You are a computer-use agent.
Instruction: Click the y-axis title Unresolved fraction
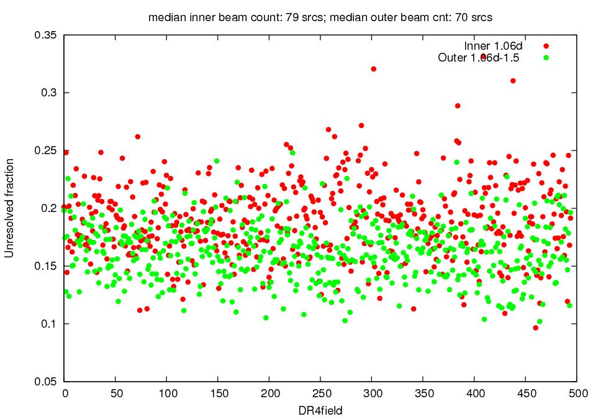9,208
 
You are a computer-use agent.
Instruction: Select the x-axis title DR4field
320,410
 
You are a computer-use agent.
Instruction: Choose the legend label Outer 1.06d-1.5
478,58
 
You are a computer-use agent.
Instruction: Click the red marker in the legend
546,46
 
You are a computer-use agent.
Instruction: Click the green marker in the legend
546,58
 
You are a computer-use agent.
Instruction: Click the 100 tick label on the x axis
167,394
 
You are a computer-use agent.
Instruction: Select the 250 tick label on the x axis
320,394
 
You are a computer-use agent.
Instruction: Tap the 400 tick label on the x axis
474,394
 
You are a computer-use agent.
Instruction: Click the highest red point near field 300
373,69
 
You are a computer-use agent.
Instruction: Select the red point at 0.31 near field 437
513,81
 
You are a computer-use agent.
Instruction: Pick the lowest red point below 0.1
535,328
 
